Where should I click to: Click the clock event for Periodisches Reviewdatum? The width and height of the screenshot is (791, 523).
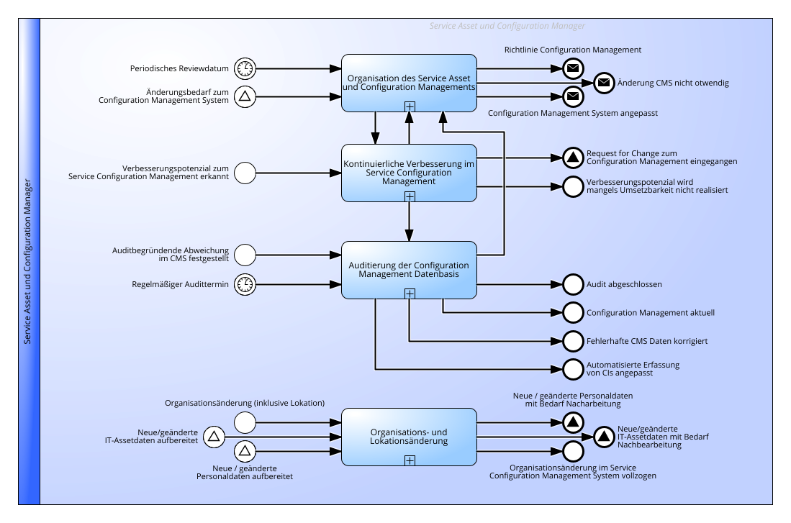point(245,68)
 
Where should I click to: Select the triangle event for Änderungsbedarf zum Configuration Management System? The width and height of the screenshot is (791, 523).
point(245,96)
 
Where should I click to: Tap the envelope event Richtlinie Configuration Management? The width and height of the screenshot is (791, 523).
point(573,68)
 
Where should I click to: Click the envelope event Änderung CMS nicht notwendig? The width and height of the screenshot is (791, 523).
point(604,83)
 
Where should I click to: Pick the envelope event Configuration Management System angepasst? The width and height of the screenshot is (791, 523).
point(573,97)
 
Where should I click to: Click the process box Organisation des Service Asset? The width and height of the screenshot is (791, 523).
point(409,83)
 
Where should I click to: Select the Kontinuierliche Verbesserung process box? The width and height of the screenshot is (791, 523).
point(409,173)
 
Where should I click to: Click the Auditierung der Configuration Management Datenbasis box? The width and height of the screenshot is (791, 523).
point(409,270)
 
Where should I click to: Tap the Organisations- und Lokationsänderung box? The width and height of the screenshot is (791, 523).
point(409,437)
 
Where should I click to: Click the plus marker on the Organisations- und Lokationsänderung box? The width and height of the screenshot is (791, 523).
point(410,460)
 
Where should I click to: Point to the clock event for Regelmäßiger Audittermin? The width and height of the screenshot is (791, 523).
point(245,284)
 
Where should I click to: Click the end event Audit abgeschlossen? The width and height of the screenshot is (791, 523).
point(573,284)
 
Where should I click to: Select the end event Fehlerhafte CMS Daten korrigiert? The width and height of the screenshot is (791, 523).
point(573,342)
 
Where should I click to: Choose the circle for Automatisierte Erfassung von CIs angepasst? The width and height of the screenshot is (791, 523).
point(573,369)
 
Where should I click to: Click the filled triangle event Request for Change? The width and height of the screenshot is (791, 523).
point(573,158)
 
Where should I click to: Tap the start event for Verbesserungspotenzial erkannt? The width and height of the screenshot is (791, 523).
point(245,173)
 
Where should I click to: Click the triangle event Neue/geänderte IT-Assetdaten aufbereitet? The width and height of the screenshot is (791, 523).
point(214,437)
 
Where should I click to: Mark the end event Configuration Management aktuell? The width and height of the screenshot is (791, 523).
point(573,313)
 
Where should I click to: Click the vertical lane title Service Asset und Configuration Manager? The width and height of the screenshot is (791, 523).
point(28,261)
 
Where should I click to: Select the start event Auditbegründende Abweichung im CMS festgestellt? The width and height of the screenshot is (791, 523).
point(245,255)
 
